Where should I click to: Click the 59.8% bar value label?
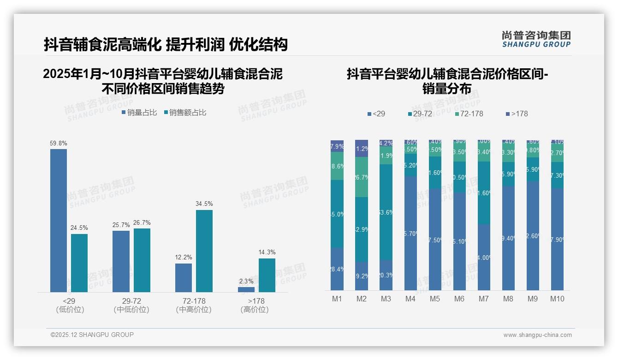tap(59, 144)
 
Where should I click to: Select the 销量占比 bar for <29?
tap(59, 221)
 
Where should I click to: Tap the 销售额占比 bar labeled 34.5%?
tap(204, 251)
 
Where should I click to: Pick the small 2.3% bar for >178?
tap(246, 289)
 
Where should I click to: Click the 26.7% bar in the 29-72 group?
tap(142, 260)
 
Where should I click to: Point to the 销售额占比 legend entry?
tap(185, 113)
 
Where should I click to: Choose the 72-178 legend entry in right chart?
tap(469, 114)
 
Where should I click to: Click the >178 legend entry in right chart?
tap(517, 114)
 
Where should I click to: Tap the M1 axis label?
tap(337, 299)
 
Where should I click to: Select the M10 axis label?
tap(557, 299)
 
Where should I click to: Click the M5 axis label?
tap(435, 299)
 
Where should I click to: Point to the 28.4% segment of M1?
tap(337, 269)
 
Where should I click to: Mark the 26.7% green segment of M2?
tap(362, 177)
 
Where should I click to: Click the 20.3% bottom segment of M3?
tap(386, 275)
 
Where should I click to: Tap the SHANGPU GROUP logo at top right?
tap(536, 39)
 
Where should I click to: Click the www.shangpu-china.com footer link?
tap(537, 335)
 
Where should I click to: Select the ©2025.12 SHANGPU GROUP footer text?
tap(92, 335)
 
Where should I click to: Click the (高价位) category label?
tap(255, 310)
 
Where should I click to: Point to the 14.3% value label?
tap(267, 252)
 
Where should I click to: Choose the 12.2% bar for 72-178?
tap(184, 278)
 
